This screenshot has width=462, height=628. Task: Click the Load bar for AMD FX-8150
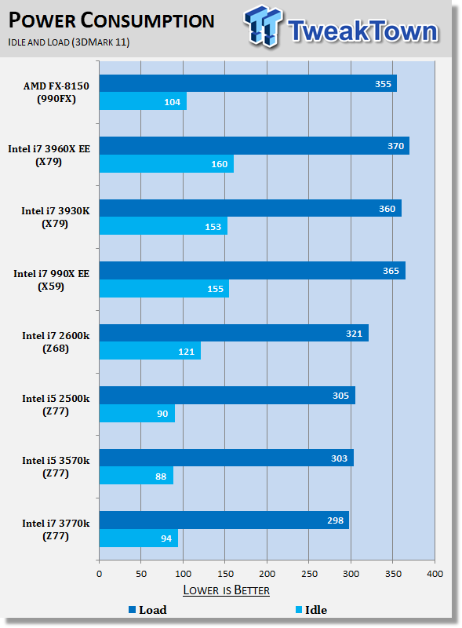pyautogui.click(x=248, y=83)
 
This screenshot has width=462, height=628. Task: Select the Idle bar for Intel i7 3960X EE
pyautogui.click(x=166, y=164)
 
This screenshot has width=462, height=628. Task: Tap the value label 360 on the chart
pyautogui.click(x=387, y=209)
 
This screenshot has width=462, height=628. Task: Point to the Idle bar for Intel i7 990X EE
pyautogui.click(x=164, y=289)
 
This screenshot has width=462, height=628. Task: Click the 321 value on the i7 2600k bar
pyautogui.click(x=354, y=334)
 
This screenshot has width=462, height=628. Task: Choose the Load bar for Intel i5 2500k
pyautogui.click(x=227, y=396)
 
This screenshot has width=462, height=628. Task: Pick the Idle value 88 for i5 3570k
pyautogui.click(x=161, y=476)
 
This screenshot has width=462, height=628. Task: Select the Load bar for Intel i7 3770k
pyautogui.click(x=224, y=520)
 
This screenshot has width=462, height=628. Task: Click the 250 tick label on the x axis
pyautogui.click(x=309, y=574)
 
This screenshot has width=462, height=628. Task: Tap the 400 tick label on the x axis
pyautogui.click(x=435, y=574)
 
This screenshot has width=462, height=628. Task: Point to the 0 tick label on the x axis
pyautogui.click(x=100, y=574)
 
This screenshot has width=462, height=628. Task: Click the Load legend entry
pyautogui.click(x=147, y=610)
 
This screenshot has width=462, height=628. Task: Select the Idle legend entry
pyautogui.click(x=311, y=610)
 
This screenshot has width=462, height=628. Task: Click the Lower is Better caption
pyautogui.click(x=226, y=590)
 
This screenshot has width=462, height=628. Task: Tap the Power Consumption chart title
pyautogui.click(x=111, y=20)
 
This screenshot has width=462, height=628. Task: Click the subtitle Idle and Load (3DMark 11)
pyautogui.click(x=69, y=42)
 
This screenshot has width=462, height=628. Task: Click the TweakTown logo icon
pyautogui.click(x=264, y=26)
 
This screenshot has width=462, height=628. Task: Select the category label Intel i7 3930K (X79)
pyautogui.click(x=55, y=217)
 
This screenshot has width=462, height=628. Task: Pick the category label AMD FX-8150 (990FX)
pyautogui.click(x=56, y=92)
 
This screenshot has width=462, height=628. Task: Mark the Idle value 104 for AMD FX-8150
pyautogui.click(x=172, y=102)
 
